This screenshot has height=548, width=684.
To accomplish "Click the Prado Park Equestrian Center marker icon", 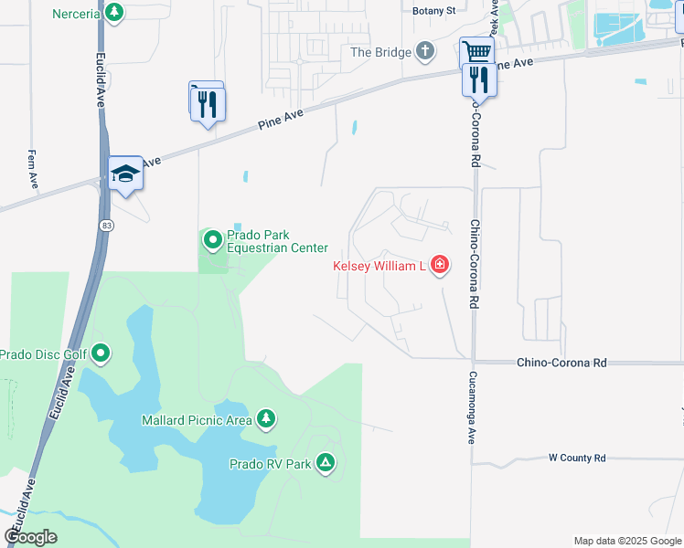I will click(x=212, y=240).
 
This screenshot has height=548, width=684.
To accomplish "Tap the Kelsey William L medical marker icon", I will click(x=440, y=266).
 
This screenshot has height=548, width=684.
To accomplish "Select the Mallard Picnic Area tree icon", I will click(x=265, y=419).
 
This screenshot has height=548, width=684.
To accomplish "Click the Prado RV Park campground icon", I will click(x=326, y=464).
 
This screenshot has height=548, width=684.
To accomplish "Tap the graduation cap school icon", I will click(x=125, y=174).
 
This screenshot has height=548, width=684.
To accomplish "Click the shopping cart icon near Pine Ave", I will click(x=476, y=53).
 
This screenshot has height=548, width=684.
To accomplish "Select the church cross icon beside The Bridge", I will click(x=425, y=52).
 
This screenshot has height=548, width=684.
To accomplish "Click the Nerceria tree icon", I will click(x=114, y=13).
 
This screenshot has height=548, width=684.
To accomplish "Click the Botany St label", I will click(x=433, y=11).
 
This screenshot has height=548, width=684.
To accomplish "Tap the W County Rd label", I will click(x=577, y=458).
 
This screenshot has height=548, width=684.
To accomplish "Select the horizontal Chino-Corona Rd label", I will click(x=561, y=363).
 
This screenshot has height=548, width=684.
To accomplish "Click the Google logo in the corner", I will click(x=31, y=537).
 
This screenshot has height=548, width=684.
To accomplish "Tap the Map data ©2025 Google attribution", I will click(x=626, y=541).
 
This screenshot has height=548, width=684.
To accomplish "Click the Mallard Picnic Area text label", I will click(x=197, y=420).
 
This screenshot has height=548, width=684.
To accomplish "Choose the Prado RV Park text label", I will click(x=270, y=464).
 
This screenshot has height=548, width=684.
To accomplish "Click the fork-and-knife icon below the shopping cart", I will click(x=479, y=80).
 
